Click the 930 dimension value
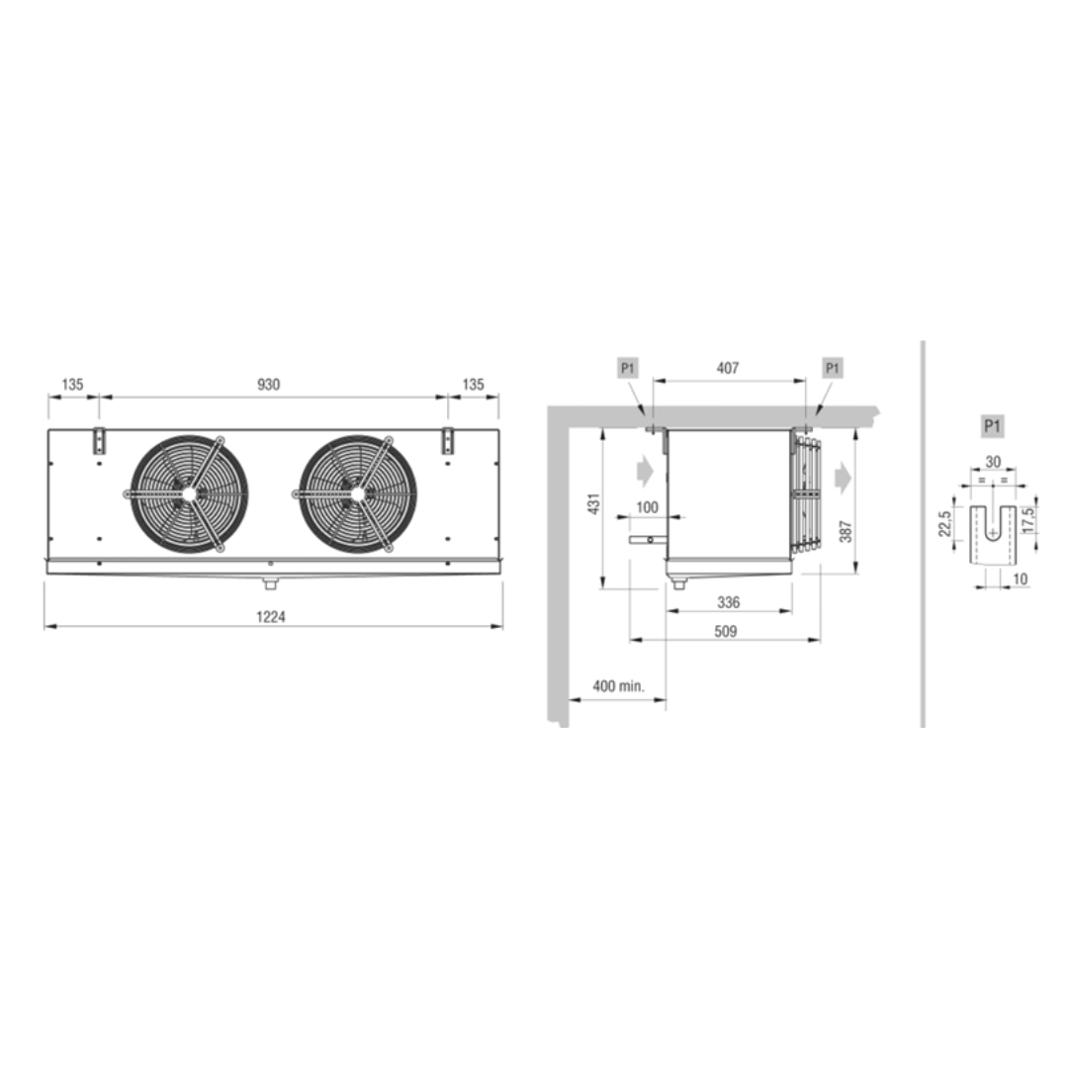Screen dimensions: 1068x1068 (268, 384)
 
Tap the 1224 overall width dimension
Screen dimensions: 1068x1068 (270, 616)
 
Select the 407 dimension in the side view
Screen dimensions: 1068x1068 (728, 368)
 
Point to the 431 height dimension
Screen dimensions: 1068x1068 (594, 504)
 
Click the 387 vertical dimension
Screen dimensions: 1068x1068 (845, 531)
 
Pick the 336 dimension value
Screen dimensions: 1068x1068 (728, 602)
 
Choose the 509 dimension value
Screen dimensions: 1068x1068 (726, 631)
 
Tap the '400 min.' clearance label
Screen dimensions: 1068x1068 (618, 686)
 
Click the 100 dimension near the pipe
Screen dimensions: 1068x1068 (647, 507)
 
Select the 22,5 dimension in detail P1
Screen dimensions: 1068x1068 (944, 524)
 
